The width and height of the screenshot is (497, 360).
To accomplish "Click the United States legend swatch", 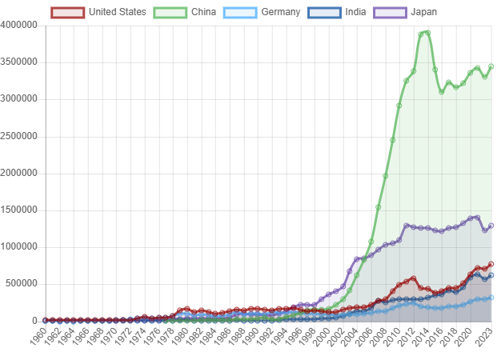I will (68, 12).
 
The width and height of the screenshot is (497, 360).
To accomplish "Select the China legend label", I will (203, 12).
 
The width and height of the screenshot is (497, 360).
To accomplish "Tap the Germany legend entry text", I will (280, 12).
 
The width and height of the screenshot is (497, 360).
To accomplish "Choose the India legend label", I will (355, 12).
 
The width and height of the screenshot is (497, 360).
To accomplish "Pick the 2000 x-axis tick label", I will (322, 337).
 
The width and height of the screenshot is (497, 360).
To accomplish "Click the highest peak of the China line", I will (428, 32).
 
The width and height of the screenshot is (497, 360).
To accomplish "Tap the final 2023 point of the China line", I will (491, 66).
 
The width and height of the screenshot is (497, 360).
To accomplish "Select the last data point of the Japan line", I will (491, 226).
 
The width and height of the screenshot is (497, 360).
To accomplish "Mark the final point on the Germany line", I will (491, 298).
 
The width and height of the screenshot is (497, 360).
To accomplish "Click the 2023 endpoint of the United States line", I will (491, 264).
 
